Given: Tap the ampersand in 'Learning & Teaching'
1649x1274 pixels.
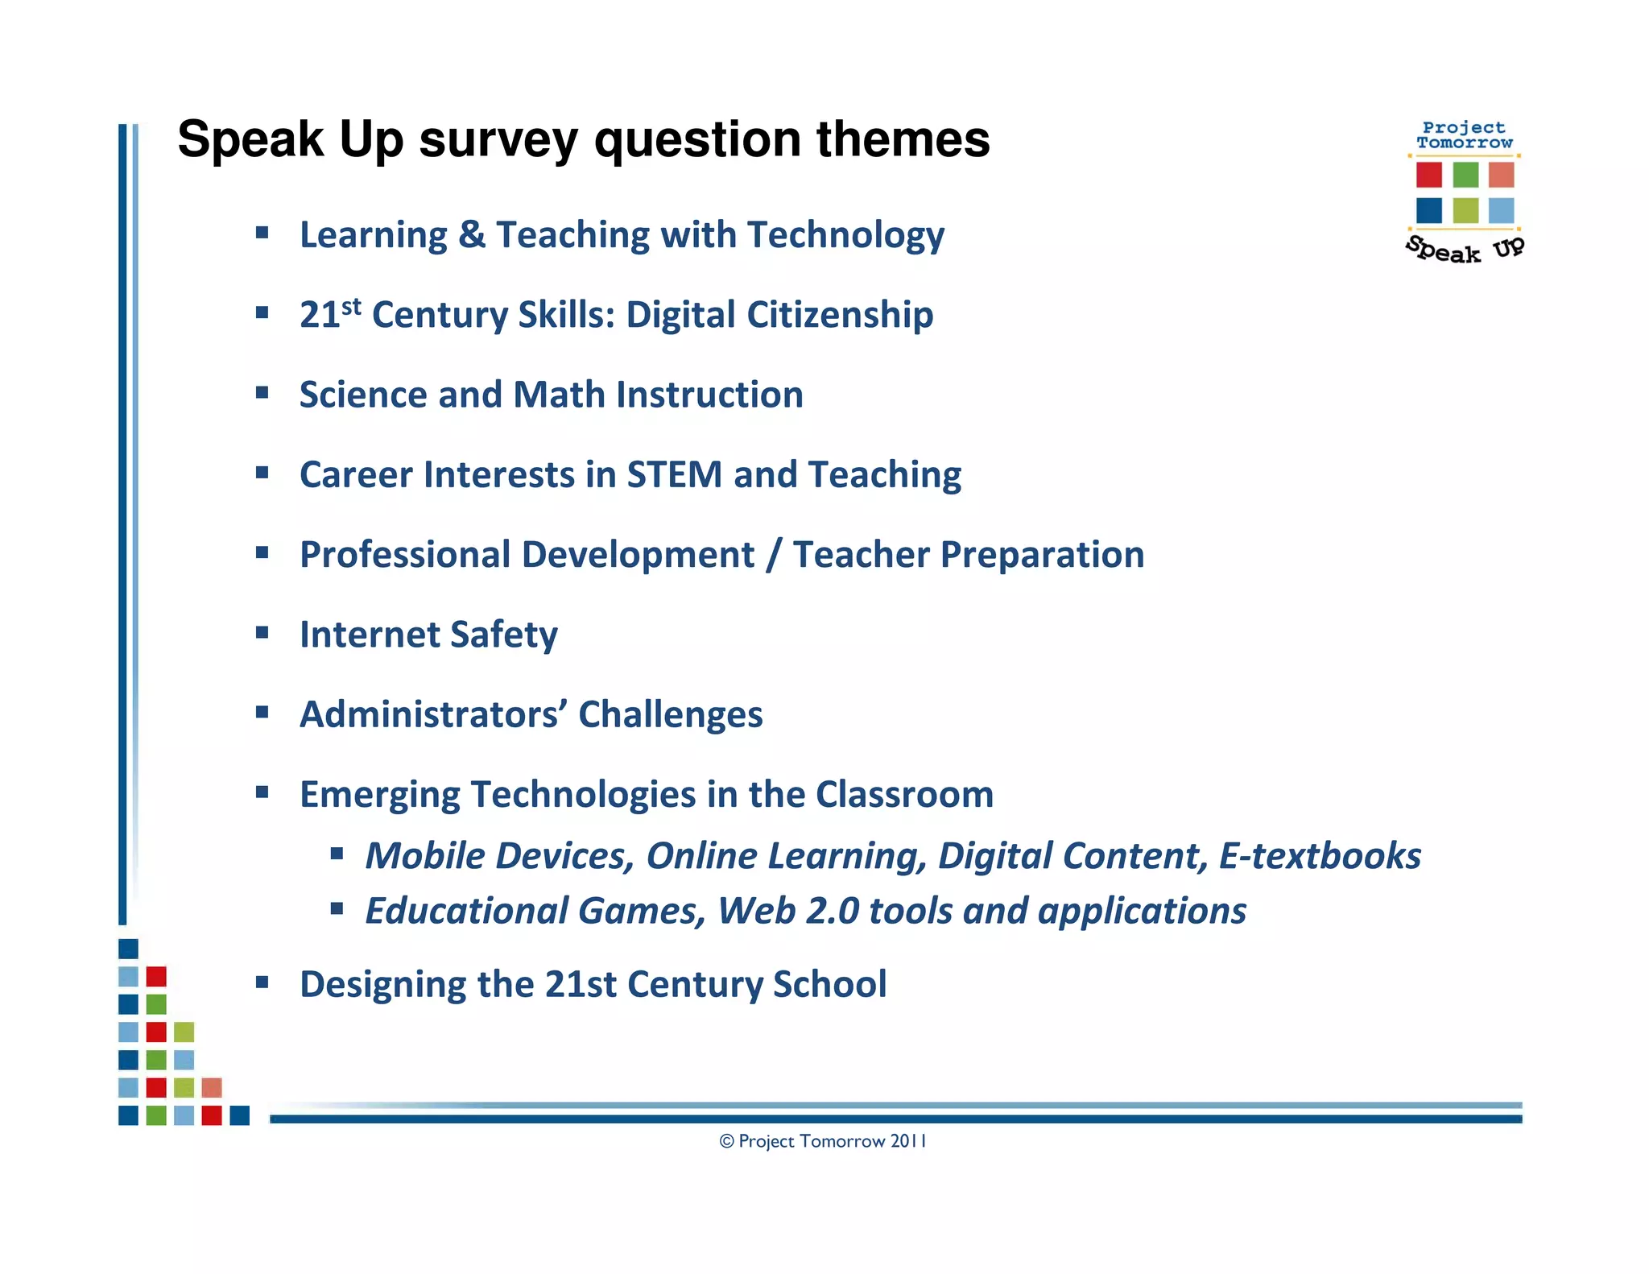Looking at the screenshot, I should tap(472, 235).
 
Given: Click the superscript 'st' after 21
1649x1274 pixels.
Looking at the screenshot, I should tap(351, 307).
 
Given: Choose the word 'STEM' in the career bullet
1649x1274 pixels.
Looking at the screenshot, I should tap(674, 474).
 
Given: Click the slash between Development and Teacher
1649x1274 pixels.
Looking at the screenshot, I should tap(773, 555).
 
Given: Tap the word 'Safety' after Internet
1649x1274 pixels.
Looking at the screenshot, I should tap(503, 635).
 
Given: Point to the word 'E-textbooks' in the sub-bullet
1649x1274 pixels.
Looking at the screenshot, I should tap(1320, 856).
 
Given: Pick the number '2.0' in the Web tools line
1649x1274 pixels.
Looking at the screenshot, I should tap(833, 912).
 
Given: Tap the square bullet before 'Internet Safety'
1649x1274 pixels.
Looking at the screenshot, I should tap(262, 633).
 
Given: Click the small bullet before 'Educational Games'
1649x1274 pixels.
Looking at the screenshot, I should tap(337, 909).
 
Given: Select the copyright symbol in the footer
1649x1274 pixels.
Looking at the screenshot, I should tap(726, 1141).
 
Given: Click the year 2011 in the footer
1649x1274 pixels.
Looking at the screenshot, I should tap(908, 1141).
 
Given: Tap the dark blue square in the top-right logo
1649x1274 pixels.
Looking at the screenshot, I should tap(1428, 210).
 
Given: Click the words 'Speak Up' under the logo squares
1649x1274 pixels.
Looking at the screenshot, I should tap(1465, 250).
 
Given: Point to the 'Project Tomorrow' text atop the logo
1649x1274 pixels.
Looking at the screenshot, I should tap(1464, 135).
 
